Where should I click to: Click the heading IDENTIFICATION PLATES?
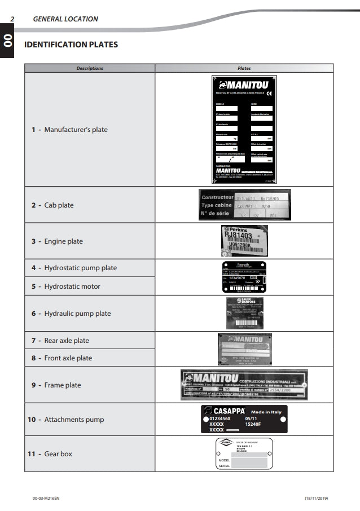pyautogui.click(x=71, y=45)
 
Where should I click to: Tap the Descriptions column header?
pyautogui.click(x=90, y=68)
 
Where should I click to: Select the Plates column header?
pyautogui.click(x=244, y=68)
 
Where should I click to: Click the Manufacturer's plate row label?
pyautogui.click(x=69, y=130)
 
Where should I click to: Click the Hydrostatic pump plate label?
pyautogui.click(x=74, y=268)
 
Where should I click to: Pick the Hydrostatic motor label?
pyautogui.click(x=66, y=287)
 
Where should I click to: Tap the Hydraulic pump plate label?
pyautogui.click(x=71, y=314)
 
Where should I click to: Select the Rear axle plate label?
pyautogui.click(x=60, y=341)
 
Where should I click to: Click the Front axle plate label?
pyautogui.click(x=62, y=358)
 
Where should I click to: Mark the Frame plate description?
pyautogui.click(x=56, y=385)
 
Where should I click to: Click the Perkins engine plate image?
pyautogui.click(x=244, y=241)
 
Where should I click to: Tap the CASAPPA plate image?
pyautogui.click(x=244, y=419)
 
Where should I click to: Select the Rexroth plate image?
pyautogui.click(x=244, y=276)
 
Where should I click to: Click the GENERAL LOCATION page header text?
pyautogui.click(x=65, y=19)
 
